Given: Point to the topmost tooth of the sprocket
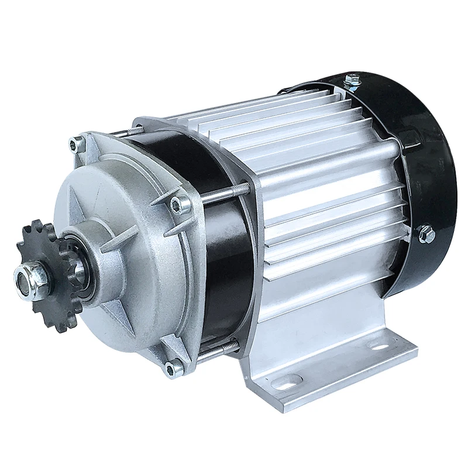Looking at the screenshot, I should tap(36, 224).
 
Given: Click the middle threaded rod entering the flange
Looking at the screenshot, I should tap(228, 190).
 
